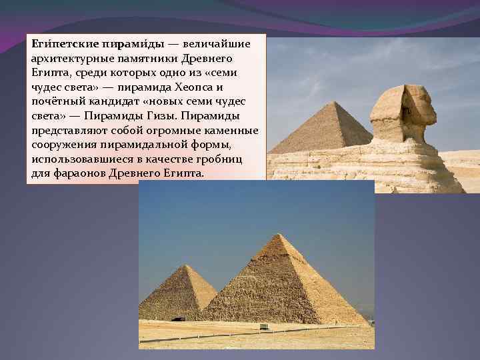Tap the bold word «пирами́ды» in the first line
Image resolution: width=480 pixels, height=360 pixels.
[132, 44]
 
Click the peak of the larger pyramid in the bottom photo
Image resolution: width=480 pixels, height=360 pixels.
[275, 235]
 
